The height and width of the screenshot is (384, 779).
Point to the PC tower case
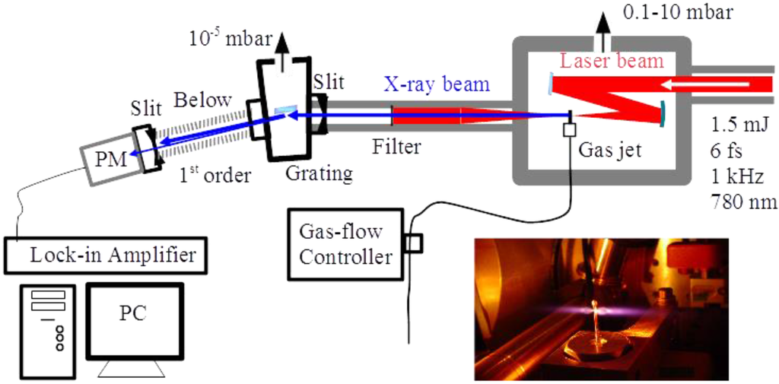tap(48, 330)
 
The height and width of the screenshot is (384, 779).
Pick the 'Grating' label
tap(319, 173)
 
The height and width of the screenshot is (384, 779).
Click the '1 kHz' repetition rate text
tap(736, 176)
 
